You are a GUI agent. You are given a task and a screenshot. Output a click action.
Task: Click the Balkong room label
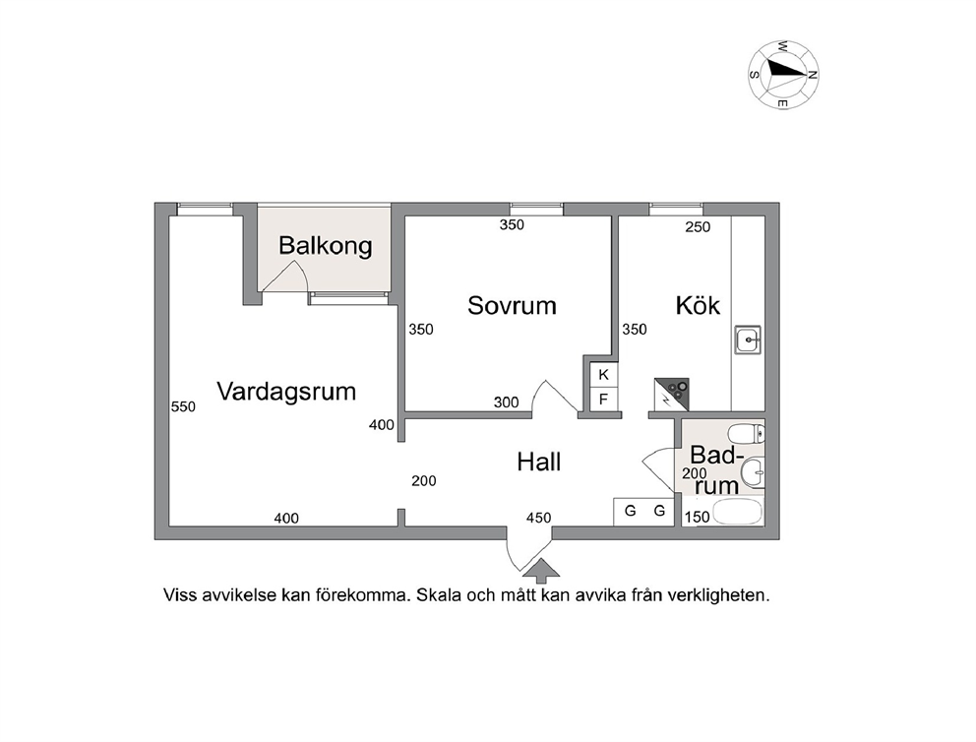click(x=325, y=246)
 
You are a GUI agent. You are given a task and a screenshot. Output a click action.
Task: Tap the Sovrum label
click(x=512, y=306)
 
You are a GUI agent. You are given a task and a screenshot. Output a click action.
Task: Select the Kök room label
click(x=698, y=305)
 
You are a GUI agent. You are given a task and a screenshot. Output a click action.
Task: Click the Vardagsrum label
click(x=286, y=392)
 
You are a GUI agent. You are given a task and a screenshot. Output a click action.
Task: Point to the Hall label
click(x=539, y=462)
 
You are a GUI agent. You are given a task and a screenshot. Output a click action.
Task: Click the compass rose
click(x=784, y=75)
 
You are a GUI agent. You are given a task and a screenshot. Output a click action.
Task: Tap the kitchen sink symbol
click(x=748, y=340)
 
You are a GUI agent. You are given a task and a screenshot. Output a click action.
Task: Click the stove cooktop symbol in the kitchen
click(x=672, y=394)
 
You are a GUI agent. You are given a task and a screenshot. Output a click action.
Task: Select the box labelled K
click(x=603, y=375)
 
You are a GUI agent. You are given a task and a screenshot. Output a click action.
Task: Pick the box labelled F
click(x=603, y=399)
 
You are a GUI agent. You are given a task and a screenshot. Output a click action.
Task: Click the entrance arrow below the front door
click(x=542, y=571)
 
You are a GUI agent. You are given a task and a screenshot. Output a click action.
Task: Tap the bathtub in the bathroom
click(x=738, y=513)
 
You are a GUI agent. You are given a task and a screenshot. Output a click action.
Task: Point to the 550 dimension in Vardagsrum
click(x=183, y=406)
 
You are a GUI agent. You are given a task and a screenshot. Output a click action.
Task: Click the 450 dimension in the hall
click(x=538, y=518)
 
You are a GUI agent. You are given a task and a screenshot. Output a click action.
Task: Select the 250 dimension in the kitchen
click(x=698, y=227)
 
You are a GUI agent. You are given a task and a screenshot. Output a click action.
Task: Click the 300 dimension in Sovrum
click(x=506, y=402)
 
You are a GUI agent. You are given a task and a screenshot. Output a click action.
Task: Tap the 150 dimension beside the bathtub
click(x=698, y=517)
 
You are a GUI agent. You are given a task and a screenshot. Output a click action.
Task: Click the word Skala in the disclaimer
click(x=439, y=595)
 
